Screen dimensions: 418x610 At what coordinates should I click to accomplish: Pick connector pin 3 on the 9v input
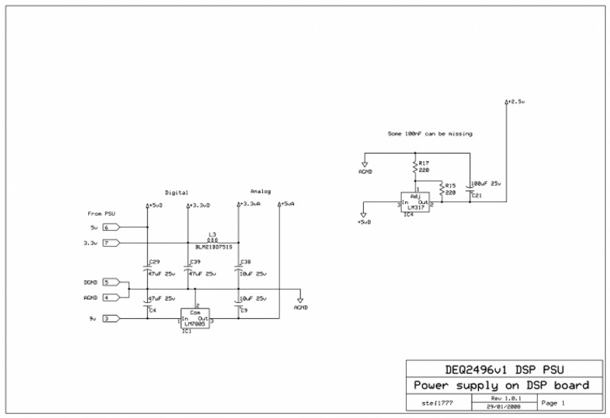click(x=110, y=319)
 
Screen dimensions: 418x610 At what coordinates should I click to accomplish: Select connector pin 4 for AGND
click(x=110, y=297)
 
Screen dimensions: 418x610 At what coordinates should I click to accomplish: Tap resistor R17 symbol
click(x=415, y=167)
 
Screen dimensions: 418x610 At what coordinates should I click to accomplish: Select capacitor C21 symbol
click(x=469, y=187)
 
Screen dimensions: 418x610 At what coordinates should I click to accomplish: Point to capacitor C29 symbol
click(x=148, y=269)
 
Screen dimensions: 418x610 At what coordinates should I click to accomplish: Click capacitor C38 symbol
click(x=239, y=269)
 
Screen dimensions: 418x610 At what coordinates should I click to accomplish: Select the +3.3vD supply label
click(x=199, y=205)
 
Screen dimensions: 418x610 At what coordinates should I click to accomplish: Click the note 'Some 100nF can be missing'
click(x=430, y=134)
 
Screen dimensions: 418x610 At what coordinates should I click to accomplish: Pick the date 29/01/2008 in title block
click(x=496, y=405)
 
